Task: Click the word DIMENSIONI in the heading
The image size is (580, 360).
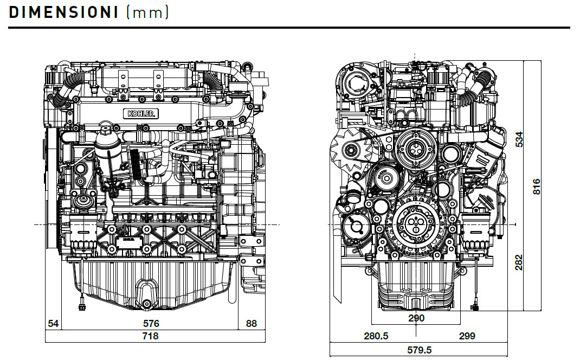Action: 64,12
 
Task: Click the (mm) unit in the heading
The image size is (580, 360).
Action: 147,12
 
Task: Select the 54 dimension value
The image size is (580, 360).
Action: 53,324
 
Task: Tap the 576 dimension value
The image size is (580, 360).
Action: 151,324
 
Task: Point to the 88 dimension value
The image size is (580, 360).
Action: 252,324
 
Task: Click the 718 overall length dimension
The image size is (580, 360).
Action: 151,336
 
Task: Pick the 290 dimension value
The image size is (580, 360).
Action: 416,318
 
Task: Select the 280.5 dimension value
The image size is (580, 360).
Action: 376,336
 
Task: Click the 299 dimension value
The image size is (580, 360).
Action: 467,336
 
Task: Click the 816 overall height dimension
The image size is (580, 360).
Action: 536,187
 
